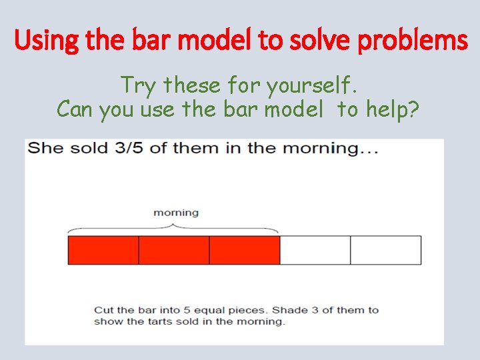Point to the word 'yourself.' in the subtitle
313,85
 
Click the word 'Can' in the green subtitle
76,109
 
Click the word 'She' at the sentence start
45,148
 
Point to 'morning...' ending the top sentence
332,148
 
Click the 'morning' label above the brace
176,213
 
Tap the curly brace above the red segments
174,226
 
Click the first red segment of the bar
103,250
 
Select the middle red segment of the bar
174,250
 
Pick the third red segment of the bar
245,250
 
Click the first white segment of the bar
315,250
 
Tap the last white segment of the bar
386,250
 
